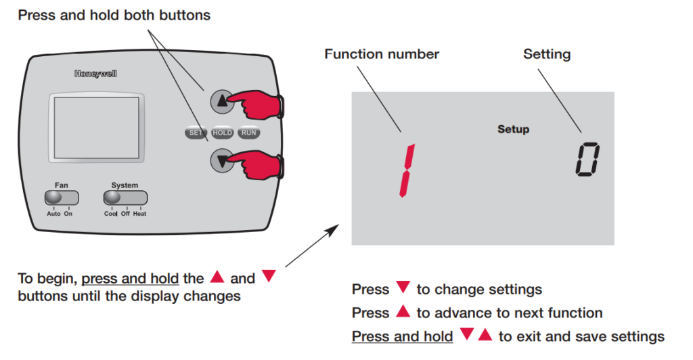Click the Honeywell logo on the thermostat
click(x=95, y=74)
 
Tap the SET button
click(x=195, y=133)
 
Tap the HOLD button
click(x=222, y=133)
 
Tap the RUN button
click(x=248, y=133)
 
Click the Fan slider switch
click(x=62, y=198)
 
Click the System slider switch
click(x=125, y=198)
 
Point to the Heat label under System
click(x=139, y=214)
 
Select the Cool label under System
click(x=111, y=214)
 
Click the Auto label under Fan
click(x=53, y=214)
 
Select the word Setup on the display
click(x=514, y=129)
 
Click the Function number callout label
click(x=382, y=54)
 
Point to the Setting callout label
click(x=547, y=54)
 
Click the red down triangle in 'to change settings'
click(x=403, y=288)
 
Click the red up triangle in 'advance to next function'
click(x=403, y=312)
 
